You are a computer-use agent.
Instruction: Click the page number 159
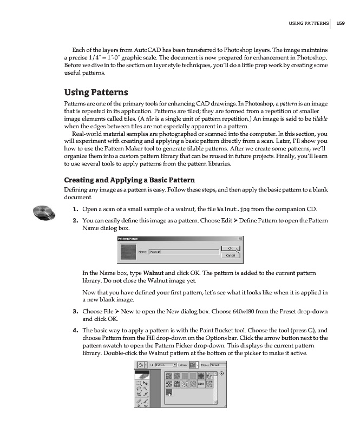point(341,23)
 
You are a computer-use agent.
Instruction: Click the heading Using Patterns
point(95,92)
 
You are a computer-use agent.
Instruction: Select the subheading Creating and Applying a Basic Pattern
point(130,180)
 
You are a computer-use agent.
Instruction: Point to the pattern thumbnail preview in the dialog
point(128,252)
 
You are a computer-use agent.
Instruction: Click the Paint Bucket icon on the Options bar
point(141,365)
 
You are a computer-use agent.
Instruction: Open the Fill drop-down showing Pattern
point(166,365)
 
